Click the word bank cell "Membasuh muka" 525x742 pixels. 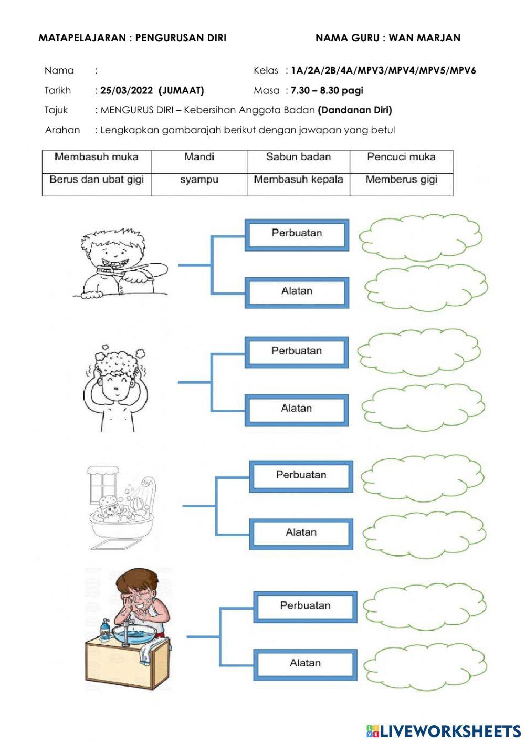(x=97, y=157)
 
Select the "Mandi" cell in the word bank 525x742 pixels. (x=199, y=157)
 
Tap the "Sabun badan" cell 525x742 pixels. (x=298, y=157)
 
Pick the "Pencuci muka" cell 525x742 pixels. (x=401, y=157)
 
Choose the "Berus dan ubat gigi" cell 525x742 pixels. (x=97, y=180)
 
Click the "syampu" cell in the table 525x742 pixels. (x=199, y=180)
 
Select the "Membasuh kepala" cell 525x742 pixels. (x=298, y=180)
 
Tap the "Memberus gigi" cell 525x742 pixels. (x=401, y=180)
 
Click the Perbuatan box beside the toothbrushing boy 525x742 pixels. (x=297, y=234)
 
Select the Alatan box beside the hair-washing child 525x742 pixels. (x=297, y=409)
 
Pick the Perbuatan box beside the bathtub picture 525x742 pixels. (x=301, y=475)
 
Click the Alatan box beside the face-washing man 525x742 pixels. (x=305, y=663)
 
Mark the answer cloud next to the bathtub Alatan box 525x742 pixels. (x=424, y=535)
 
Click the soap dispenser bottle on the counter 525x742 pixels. (x=106, y=629)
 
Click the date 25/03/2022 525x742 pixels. (x=127, y=90)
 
